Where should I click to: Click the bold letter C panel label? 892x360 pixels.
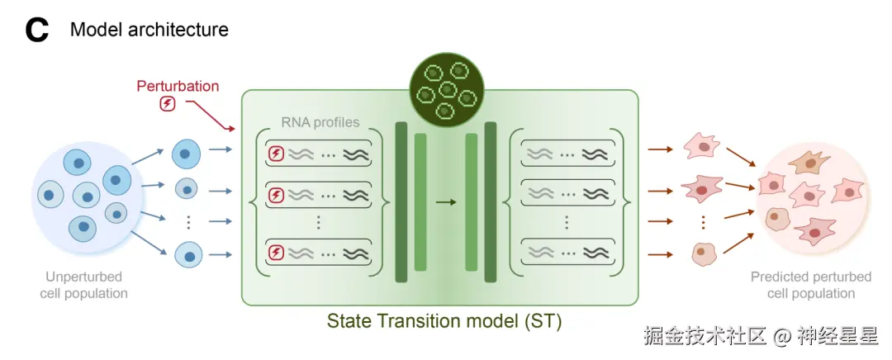click(x=37, y=31)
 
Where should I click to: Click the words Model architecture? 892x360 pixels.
click(x=149, y=31)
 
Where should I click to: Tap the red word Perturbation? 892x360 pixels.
click(x=178, y=86)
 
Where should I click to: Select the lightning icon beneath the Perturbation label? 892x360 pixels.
click(x=168, y=103)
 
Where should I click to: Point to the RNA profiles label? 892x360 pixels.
click(x=320, y=123)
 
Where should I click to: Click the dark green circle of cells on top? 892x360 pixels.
click(x=447, y=91)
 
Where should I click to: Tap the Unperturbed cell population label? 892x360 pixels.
click(x=84, y=285)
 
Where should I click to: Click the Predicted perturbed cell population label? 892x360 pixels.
click(x=811, y=285)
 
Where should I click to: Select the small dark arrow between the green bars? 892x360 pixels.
click(x=446, y=201)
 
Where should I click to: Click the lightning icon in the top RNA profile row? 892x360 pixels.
click(x=277, y=153)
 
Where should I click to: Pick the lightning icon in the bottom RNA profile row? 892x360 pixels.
click(x=277, y=251)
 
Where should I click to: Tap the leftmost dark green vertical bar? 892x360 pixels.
click(x=401, y=201)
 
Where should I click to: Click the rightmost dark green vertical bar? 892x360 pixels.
click(x=491, y=201)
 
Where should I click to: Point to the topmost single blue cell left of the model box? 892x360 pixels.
click(x=187, y=153)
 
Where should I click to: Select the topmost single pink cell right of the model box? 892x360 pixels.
click(x=701, y=149)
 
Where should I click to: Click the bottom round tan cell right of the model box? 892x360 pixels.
click(x=703, y=253)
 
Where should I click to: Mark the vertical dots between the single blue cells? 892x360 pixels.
click(x=188, y=221)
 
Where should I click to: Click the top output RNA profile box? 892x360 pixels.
click(x=567, y=153)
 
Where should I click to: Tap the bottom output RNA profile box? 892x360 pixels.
click(x=567, y=251)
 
